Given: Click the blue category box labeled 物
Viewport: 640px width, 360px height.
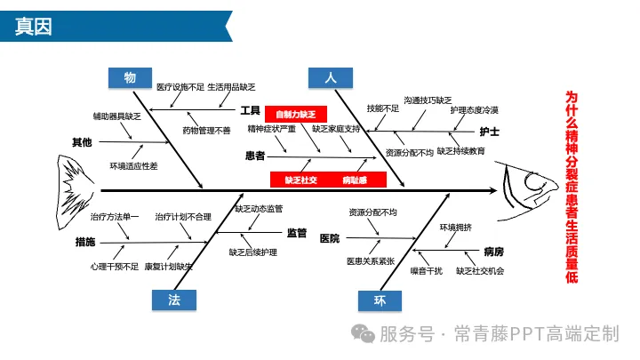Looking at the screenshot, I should pos(130,78).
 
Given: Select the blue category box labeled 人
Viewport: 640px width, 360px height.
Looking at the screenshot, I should pos(331,78).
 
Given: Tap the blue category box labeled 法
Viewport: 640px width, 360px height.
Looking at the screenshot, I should pos(175,300).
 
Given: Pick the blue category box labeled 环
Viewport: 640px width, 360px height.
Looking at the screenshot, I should pos(380,300).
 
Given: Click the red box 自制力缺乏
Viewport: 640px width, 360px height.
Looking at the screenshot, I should pos(296,114).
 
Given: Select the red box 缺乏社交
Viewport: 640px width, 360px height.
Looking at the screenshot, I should pos(300,180).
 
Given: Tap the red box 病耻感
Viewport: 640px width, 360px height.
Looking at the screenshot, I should pos(354,180).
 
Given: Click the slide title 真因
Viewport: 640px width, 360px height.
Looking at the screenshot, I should pos(35,27).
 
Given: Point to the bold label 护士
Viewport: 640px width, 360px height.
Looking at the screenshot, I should pos(489,132).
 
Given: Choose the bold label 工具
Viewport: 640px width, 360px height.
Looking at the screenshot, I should pos(250,110).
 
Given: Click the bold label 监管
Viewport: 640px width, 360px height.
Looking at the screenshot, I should pos(296,234).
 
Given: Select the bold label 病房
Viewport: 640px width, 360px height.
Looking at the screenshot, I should pos(493,252).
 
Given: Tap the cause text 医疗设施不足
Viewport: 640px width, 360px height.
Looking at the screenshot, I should pos(180,88).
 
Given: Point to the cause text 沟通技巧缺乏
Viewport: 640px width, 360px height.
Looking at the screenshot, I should pos(428,100).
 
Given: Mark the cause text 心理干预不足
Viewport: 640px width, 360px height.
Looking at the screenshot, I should pos(115,266).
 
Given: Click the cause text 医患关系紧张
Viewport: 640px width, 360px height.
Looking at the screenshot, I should pos(371,261).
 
